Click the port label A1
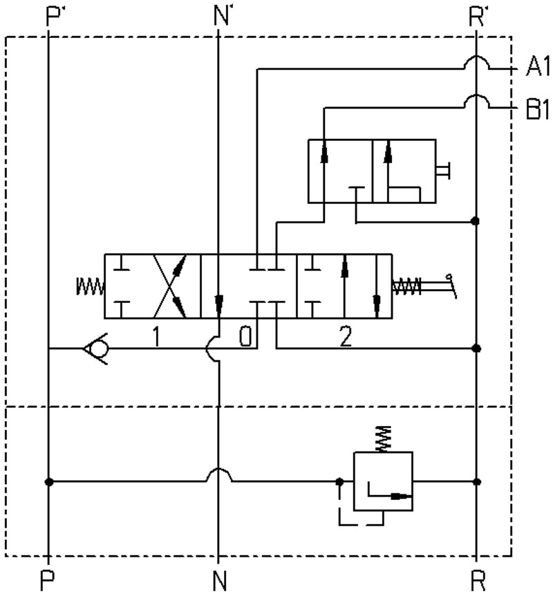(538, 68)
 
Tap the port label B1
(538, 110)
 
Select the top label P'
(53, 17)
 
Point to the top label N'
(221, 17)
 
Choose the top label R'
(476, 17)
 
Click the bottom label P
(47, 580)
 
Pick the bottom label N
(220, 580)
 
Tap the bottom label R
(478, 580)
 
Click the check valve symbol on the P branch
(95, 348)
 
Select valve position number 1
(156, 336)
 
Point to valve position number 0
(245, 336)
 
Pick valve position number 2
(346, 336)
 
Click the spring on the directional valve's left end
(90, 286)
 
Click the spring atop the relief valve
(384, 438)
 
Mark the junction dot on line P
(48, 482)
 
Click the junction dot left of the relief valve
(340, 482)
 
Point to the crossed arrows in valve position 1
(169, 286)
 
